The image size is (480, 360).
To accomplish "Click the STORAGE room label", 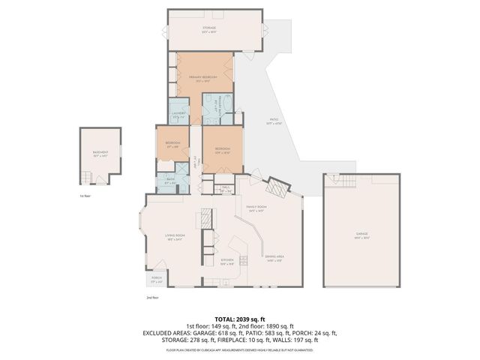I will click(x=209, y=28).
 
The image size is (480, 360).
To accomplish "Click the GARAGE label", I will click(x=362, y=234).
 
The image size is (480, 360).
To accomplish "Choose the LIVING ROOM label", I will click(x=175, y=236).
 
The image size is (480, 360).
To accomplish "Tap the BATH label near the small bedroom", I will click(x=169, y=179).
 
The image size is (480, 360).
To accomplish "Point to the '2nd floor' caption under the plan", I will click(x=151, y=298).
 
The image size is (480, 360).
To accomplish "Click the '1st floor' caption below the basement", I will click(x=85, y=196).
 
